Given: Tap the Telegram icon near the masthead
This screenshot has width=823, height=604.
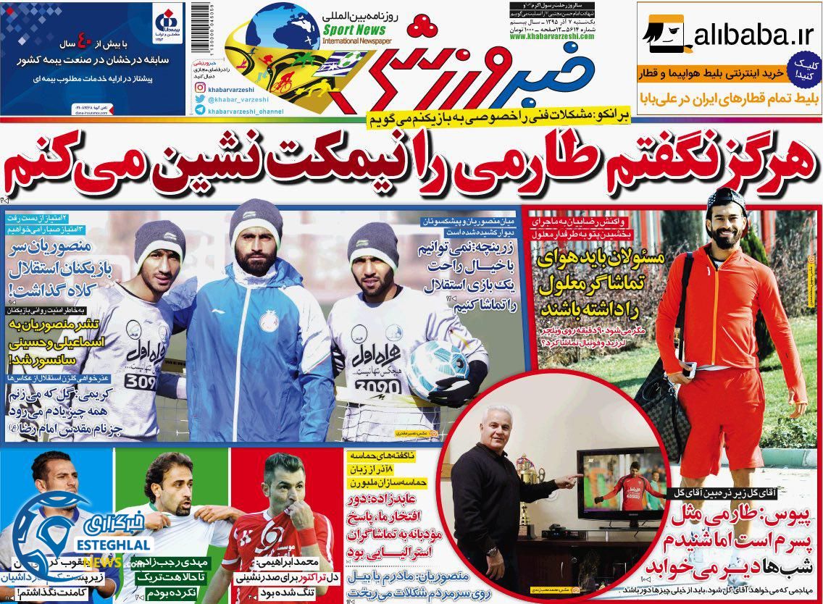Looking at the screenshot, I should (x=199, y=111).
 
